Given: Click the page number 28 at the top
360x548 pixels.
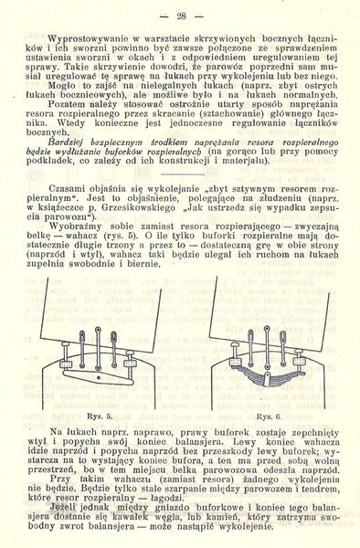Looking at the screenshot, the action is pyautogui.click(x=180, y=16).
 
